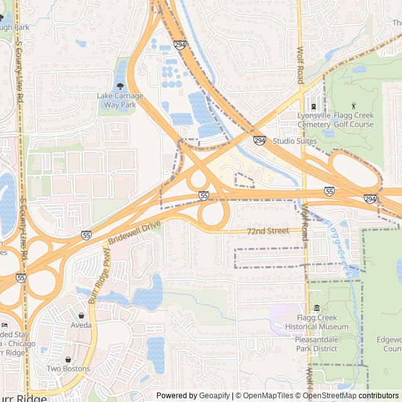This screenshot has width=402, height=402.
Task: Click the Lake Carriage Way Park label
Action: [x=120, y=100]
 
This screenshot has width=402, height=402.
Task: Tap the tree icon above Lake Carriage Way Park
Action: [x=120, y=86]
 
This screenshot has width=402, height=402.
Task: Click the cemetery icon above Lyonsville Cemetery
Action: [x=313, y=106]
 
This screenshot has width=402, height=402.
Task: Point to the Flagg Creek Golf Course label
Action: [x=352, y=120]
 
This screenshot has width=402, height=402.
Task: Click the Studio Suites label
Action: [x=295, y=141]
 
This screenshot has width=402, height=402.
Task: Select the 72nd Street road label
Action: [x=268, y=231]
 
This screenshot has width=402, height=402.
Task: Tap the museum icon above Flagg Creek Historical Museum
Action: [x=317, y=308]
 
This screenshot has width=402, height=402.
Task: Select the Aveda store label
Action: [x=81, y=325]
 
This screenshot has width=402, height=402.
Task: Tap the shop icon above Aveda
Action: [x=82, y=315]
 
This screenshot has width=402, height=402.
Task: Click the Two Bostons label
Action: [x=68, y=369]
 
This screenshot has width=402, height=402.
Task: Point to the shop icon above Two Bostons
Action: [x=68, y=359]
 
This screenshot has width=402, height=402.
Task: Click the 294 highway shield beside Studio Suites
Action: [x=259, y=141]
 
